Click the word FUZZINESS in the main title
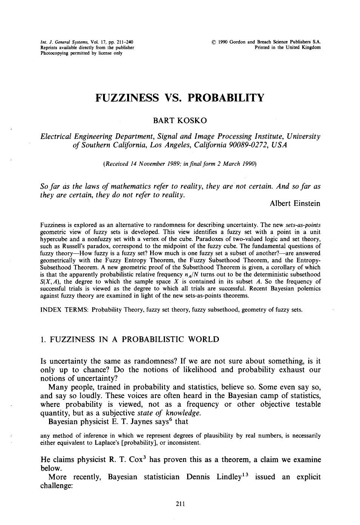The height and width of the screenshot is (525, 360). tap(127, 98)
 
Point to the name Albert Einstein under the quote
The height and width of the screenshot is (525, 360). tap(295, 204)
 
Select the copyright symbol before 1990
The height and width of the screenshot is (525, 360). tap(214, 42)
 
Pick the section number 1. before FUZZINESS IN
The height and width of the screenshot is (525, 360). tap(43, 339)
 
